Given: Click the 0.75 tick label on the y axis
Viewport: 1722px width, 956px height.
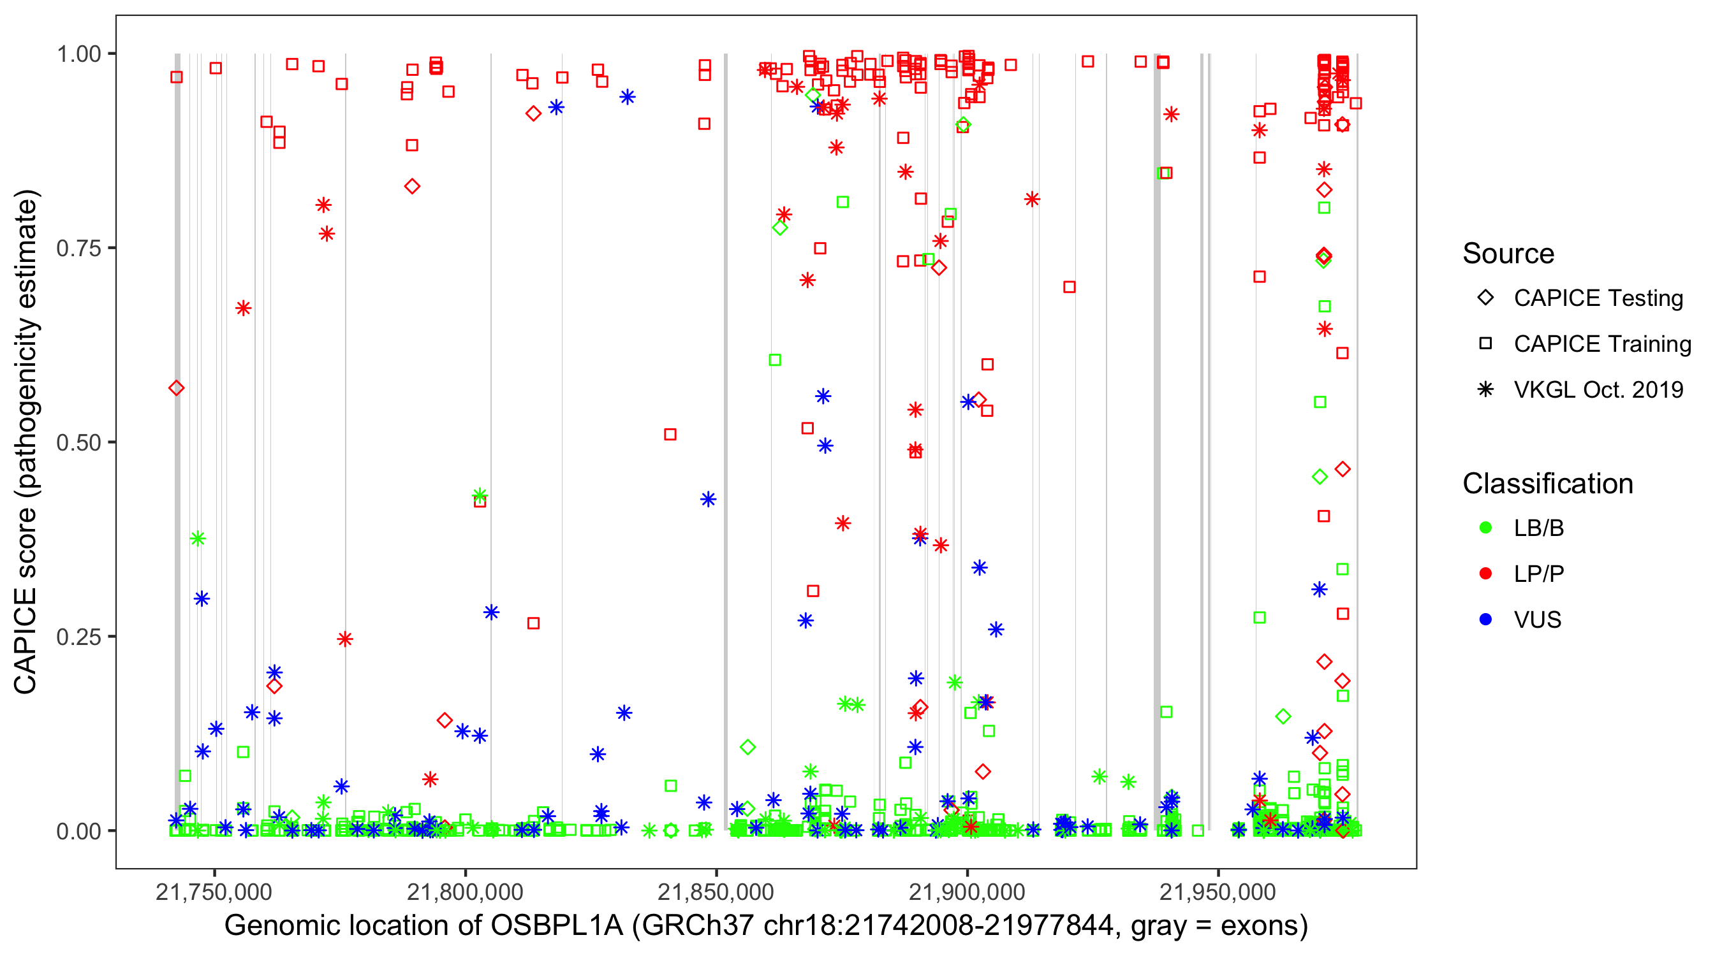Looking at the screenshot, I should (78, 249).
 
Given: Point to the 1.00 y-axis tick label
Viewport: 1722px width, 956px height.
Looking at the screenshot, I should (78, 54).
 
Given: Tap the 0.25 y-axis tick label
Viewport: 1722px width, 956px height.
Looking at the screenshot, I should (78, 637).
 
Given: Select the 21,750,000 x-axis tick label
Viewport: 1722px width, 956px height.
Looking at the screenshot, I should (214, 892).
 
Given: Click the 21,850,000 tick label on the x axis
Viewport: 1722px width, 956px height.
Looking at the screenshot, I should (716, 892).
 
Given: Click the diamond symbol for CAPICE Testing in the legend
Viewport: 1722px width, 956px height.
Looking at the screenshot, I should (1485, 298).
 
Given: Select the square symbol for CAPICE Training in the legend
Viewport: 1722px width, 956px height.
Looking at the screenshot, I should (1485, 344).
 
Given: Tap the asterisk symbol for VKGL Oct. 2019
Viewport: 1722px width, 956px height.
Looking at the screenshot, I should (1485, 389).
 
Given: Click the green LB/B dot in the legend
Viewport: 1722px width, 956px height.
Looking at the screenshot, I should (1485, 528).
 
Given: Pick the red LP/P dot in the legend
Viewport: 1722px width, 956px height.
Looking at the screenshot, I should (1485, 574).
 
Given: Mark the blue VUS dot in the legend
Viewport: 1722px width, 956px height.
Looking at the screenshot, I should (1485, 620).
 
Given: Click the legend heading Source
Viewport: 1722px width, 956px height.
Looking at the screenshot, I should (1508, 254).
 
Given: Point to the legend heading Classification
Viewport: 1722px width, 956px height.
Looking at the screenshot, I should (1547, 484).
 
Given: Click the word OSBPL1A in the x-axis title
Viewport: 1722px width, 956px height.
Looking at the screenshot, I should (557, 926).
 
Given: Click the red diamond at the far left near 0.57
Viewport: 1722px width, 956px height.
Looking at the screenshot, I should (177, 388).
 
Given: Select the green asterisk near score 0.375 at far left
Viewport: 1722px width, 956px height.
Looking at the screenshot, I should (197, 539).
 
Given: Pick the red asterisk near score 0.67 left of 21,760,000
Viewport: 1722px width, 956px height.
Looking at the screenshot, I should (244, 308).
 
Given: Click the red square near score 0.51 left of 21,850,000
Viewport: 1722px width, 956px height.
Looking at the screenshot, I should (670, 434).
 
